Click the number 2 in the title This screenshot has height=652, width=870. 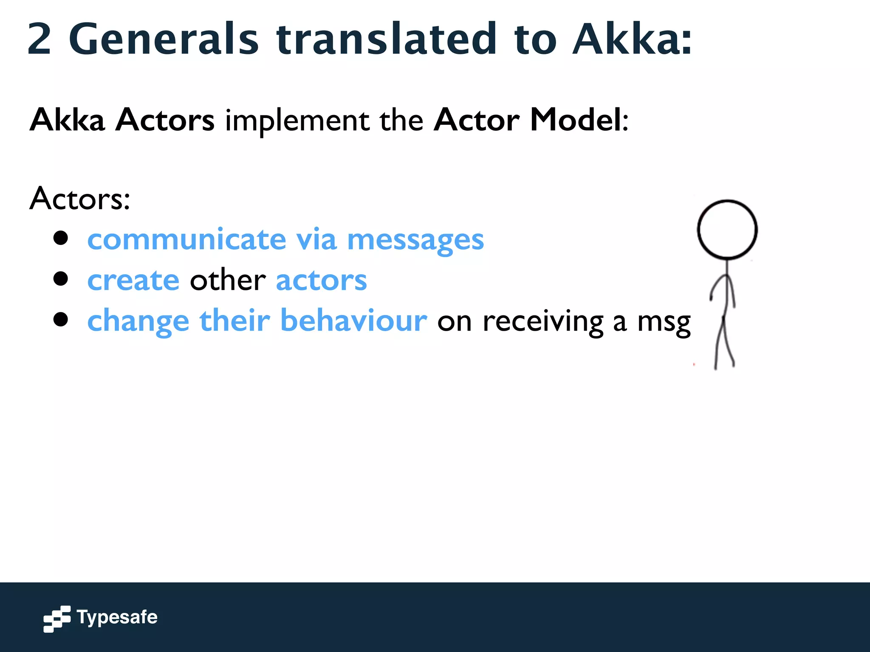(x=40, y=39)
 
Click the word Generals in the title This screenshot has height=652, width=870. (x=164, y=39)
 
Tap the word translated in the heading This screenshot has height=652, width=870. (x=386, y=39)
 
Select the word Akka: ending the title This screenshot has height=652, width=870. (x=632, y=39)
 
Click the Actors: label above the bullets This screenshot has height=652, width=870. (x=80, y=199)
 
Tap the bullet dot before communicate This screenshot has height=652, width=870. (x=61, y=238)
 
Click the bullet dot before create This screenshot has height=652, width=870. (x=61, y=279)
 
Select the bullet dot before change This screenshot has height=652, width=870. (x=61, y=319)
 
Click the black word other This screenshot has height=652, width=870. (x=228, y=280)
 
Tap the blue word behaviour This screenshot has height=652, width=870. (x=353, y=320)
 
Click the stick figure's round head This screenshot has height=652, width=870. (x=727, y=229)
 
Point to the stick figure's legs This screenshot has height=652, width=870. (x=724, y=344)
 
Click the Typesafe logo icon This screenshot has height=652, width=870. (x=56, y=619)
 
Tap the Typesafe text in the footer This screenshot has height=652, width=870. (x=117, y=617)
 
